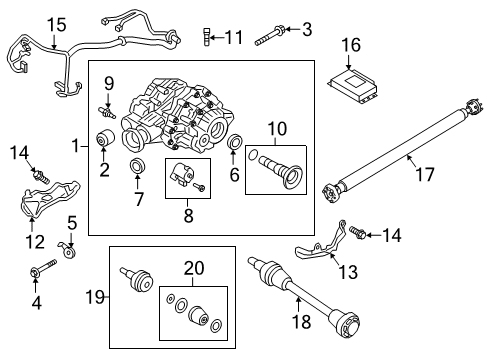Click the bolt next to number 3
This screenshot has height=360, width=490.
click(x=271, y=36)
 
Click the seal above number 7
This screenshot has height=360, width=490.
click(x=137, y=164)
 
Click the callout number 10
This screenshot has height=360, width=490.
click(x=275, y=129)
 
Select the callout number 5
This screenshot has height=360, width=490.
click(x=71, y=222)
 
